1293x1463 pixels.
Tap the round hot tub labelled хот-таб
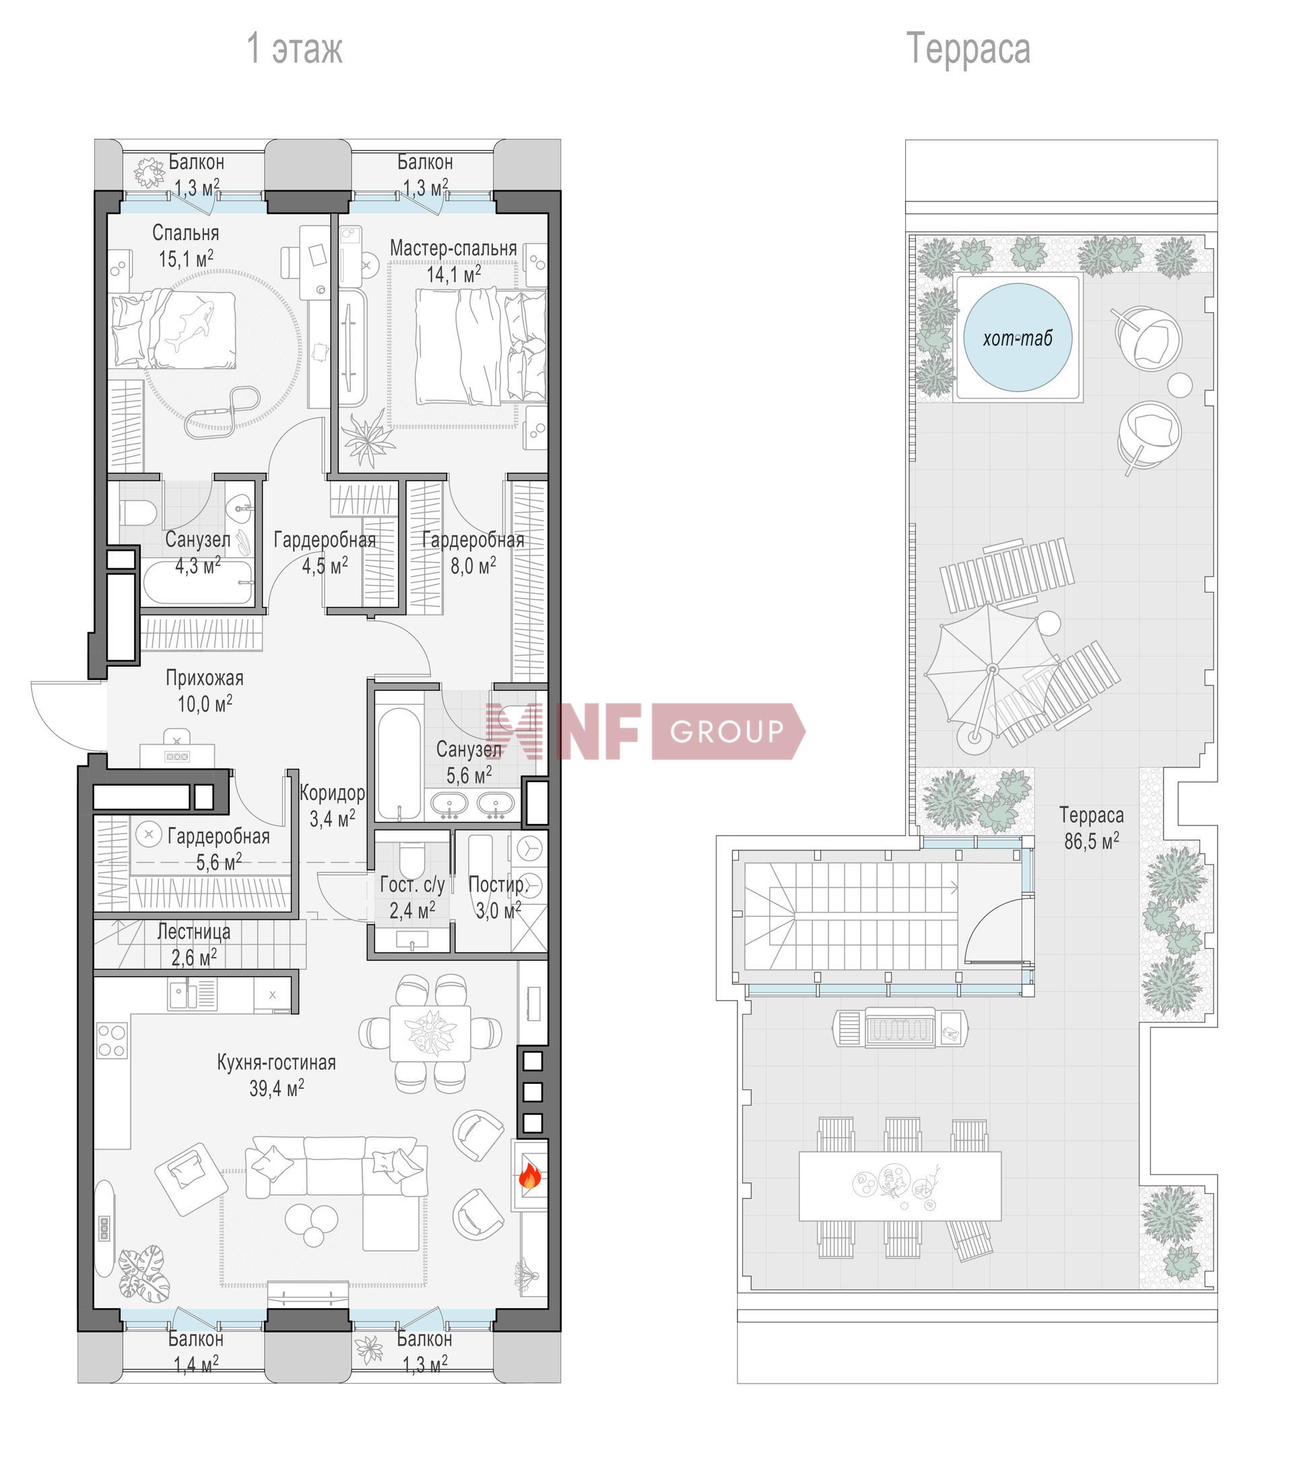1018,337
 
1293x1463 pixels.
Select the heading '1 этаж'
294,48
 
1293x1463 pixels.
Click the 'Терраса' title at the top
968,48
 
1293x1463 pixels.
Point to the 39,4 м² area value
276,1088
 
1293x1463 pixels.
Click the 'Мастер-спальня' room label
453,248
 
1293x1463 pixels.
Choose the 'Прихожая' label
205,677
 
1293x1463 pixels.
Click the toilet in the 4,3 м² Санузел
137,512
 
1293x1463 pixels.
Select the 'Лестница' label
194,931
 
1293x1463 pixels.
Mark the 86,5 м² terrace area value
1092,841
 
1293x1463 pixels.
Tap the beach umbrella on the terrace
991,669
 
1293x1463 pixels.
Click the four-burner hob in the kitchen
112,1040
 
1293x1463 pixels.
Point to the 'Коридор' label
332,792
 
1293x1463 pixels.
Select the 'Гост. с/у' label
412,885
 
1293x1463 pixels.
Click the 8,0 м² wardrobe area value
473,566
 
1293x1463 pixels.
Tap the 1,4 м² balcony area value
196,1365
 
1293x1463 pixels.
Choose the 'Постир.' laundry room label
498,885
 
